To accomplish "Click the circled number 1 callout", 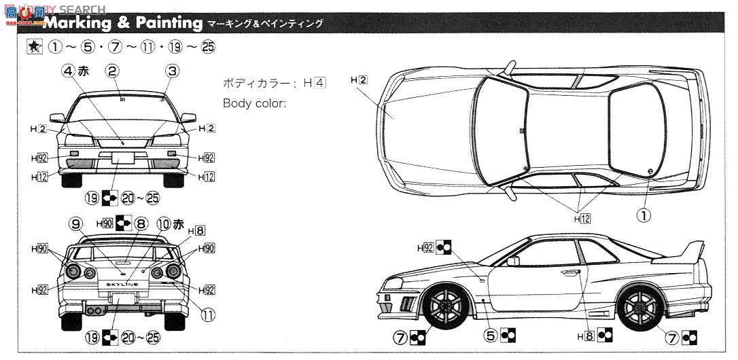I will click(642, 215).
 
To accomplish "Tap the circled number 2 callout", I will click(113, 70).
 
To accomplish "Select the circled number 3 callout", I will click(172, 70).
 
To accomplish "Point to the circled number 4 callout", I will click(68, 70).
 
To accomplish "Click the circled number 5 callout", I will click(490, 335).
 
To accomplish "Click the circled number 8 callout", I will click(141, 222).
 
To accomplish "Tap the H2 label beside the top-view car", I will click(359, 79).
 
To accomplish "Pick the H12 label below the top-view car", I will click(582, 218).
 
